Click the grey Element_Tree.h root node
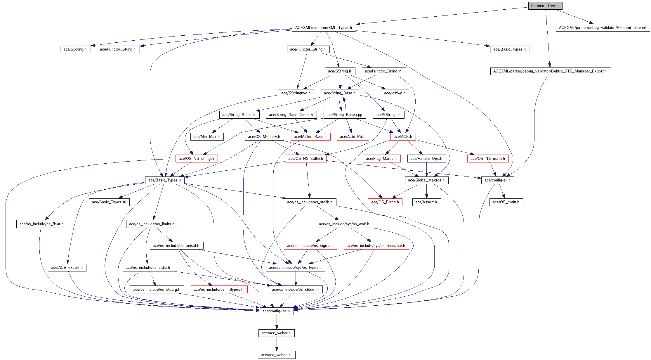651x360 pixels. click(x=545, y=6)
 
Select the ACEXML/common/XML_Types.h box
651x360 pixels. click(x=324, y=28)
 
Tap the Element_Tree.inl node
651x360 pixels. click(x=603, y=28)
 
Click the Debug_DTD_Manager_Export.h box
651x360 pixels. click(x=550, y=71)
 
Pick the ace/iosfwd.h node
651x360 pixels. click(x=395, y=93)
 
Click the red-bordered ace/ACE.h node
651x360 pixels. click(x=403, y=137)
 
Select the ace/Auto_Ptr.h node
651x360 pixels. click(x=353, y=137)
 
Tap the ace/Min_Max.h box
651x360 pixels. click(x=207, y=137)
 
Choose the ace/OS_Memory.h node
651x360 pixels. click(x=264, y=137)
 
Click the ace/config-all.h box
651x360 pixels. click(x=498, y=180)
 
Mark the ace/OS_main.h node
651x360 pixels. click(x=506, y=202)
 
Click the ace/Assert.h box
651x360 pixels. click(x=426, y=202)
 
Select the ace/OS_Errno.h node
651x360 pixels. click(x=385, y=202)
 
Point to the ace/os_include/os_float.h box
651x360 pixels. click(x=42, y=224)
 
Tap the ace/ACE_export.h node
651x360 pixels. click(x=67, y=268)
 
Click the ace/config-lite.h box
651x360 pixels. click(x=277, y=311)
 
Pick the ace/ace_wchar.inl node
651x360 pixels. click(x=277, y=355)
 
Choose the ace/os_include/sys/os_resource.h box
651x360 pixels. click(x=376, y=246)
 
